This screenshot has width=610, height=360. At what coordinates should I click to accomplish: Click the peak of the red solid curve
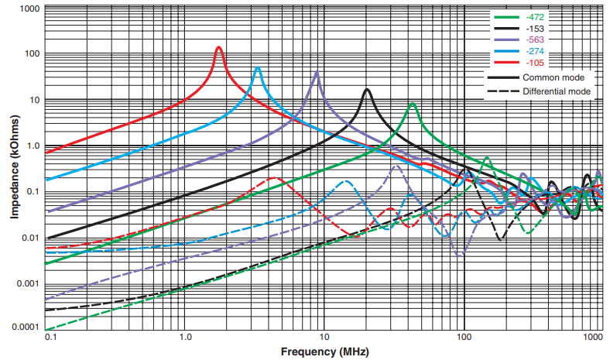[218, 47]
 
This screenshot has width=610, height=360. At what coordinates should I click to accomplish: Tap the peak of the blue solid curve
[258, 68]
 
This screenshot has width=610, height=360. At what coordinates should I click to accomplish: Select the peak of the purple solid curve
[316, 72]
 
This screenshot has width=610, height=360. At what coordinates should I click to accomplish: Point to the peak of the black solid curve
[367, 90]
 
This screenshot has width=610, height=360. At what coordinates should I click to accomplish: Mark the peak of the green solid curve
[413, 104]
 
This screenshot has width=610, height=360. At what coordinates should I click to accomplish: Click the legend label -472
[533, 16]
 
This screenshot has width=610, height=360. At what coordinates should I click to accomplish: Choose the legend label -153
[533, 28]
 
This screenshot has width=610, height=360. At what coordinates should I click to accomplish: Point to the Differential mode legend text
[557, 91]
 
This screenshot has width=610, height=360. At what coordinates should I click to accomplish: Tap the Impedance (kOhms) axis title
[14, 166]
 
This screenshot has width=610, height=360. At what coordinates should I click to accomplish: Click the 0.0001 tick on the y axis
[26, 328]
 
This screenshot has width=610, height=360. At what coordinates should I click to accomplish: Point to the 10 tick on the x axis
[324, 338]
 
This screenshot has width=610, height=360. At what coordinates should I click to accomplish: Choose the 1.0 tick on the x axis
[185, 338]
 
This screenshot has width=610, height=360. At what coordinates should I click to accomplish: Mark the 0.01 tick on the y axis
[31, 238]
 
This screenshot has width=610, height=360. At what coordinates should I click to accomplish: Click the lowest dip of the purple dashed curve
[461, 254]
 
